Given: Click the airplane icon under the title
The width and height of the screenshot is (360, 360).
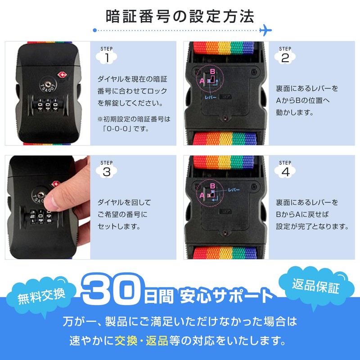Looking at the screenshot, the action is click(265, 30).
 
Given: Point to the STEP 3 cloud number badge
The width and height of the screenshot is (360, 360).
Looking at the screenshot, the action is click(107, 171).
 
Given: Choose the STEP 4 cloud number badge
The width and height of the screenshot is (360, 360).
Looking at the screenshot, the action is click(285, 171).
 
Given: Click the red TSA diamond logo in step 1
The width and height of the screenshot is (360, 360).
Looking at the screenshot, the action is click(62, 75).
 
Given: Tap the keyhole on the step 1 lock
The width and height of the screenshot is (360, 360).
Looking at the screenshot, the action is click(48, 84).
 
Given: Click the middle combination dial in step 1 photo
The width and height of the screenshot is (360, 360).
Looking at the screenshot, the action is click(48, 105).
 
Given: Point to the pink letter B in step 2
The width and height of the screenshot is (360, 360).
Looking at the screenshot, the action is click(212, 72).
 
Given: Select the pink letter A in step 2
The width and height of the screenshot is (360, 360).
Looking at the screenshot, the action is click(202, 81).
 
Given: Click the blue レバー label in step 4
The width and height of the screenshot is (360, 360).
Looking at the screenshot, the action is click(234, 190).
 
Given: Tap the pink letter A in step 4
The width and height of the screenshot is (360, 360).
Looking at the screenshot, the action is click(202, 195).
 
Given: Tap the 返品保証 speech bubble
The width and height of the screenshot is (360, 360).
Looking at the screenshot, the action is click(316, 286).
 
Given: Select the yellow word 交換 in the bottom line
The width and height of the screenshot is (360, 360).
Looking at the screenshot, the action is click(126, 341).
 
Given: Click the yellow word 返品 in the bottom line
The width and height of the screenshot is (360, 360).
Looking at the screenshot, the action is click(157, 341).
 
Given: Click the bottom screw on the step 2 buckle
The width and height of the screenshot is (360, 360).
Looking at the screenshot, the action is click(225, 118).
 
